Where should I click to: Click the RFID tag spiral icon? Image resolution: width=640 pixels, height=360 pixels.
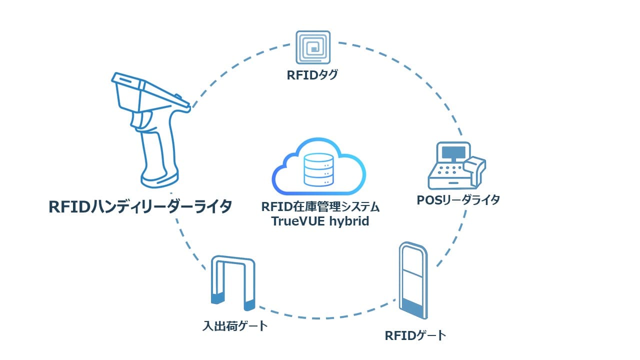[313, 48]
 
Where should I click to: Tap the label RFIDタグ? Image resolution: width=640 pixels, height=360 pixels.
[312, 75]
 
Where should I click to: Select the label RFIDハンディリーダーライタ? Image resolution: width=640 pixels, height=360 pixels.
[140, 206]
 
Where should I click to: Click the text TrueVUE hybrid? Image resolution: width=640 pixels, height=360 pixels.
[320, 221]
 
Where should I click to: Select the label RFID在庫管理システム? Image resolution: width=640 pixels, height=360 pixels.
[320, 206]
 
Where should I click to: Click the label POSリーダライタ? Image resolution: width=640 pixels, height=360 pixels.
[458, 200]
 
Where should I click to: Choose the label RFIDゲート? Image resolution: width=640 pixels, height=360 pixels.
[415, 335]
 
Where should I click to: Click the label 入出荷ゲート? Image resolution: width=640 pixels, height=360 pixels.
[235, 326]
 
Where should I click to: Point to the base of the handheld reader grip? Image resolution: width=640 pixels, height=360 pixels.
[159, 177]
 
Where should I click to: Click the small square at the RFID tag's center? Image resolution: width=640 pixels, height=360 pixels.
[313, 48]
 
